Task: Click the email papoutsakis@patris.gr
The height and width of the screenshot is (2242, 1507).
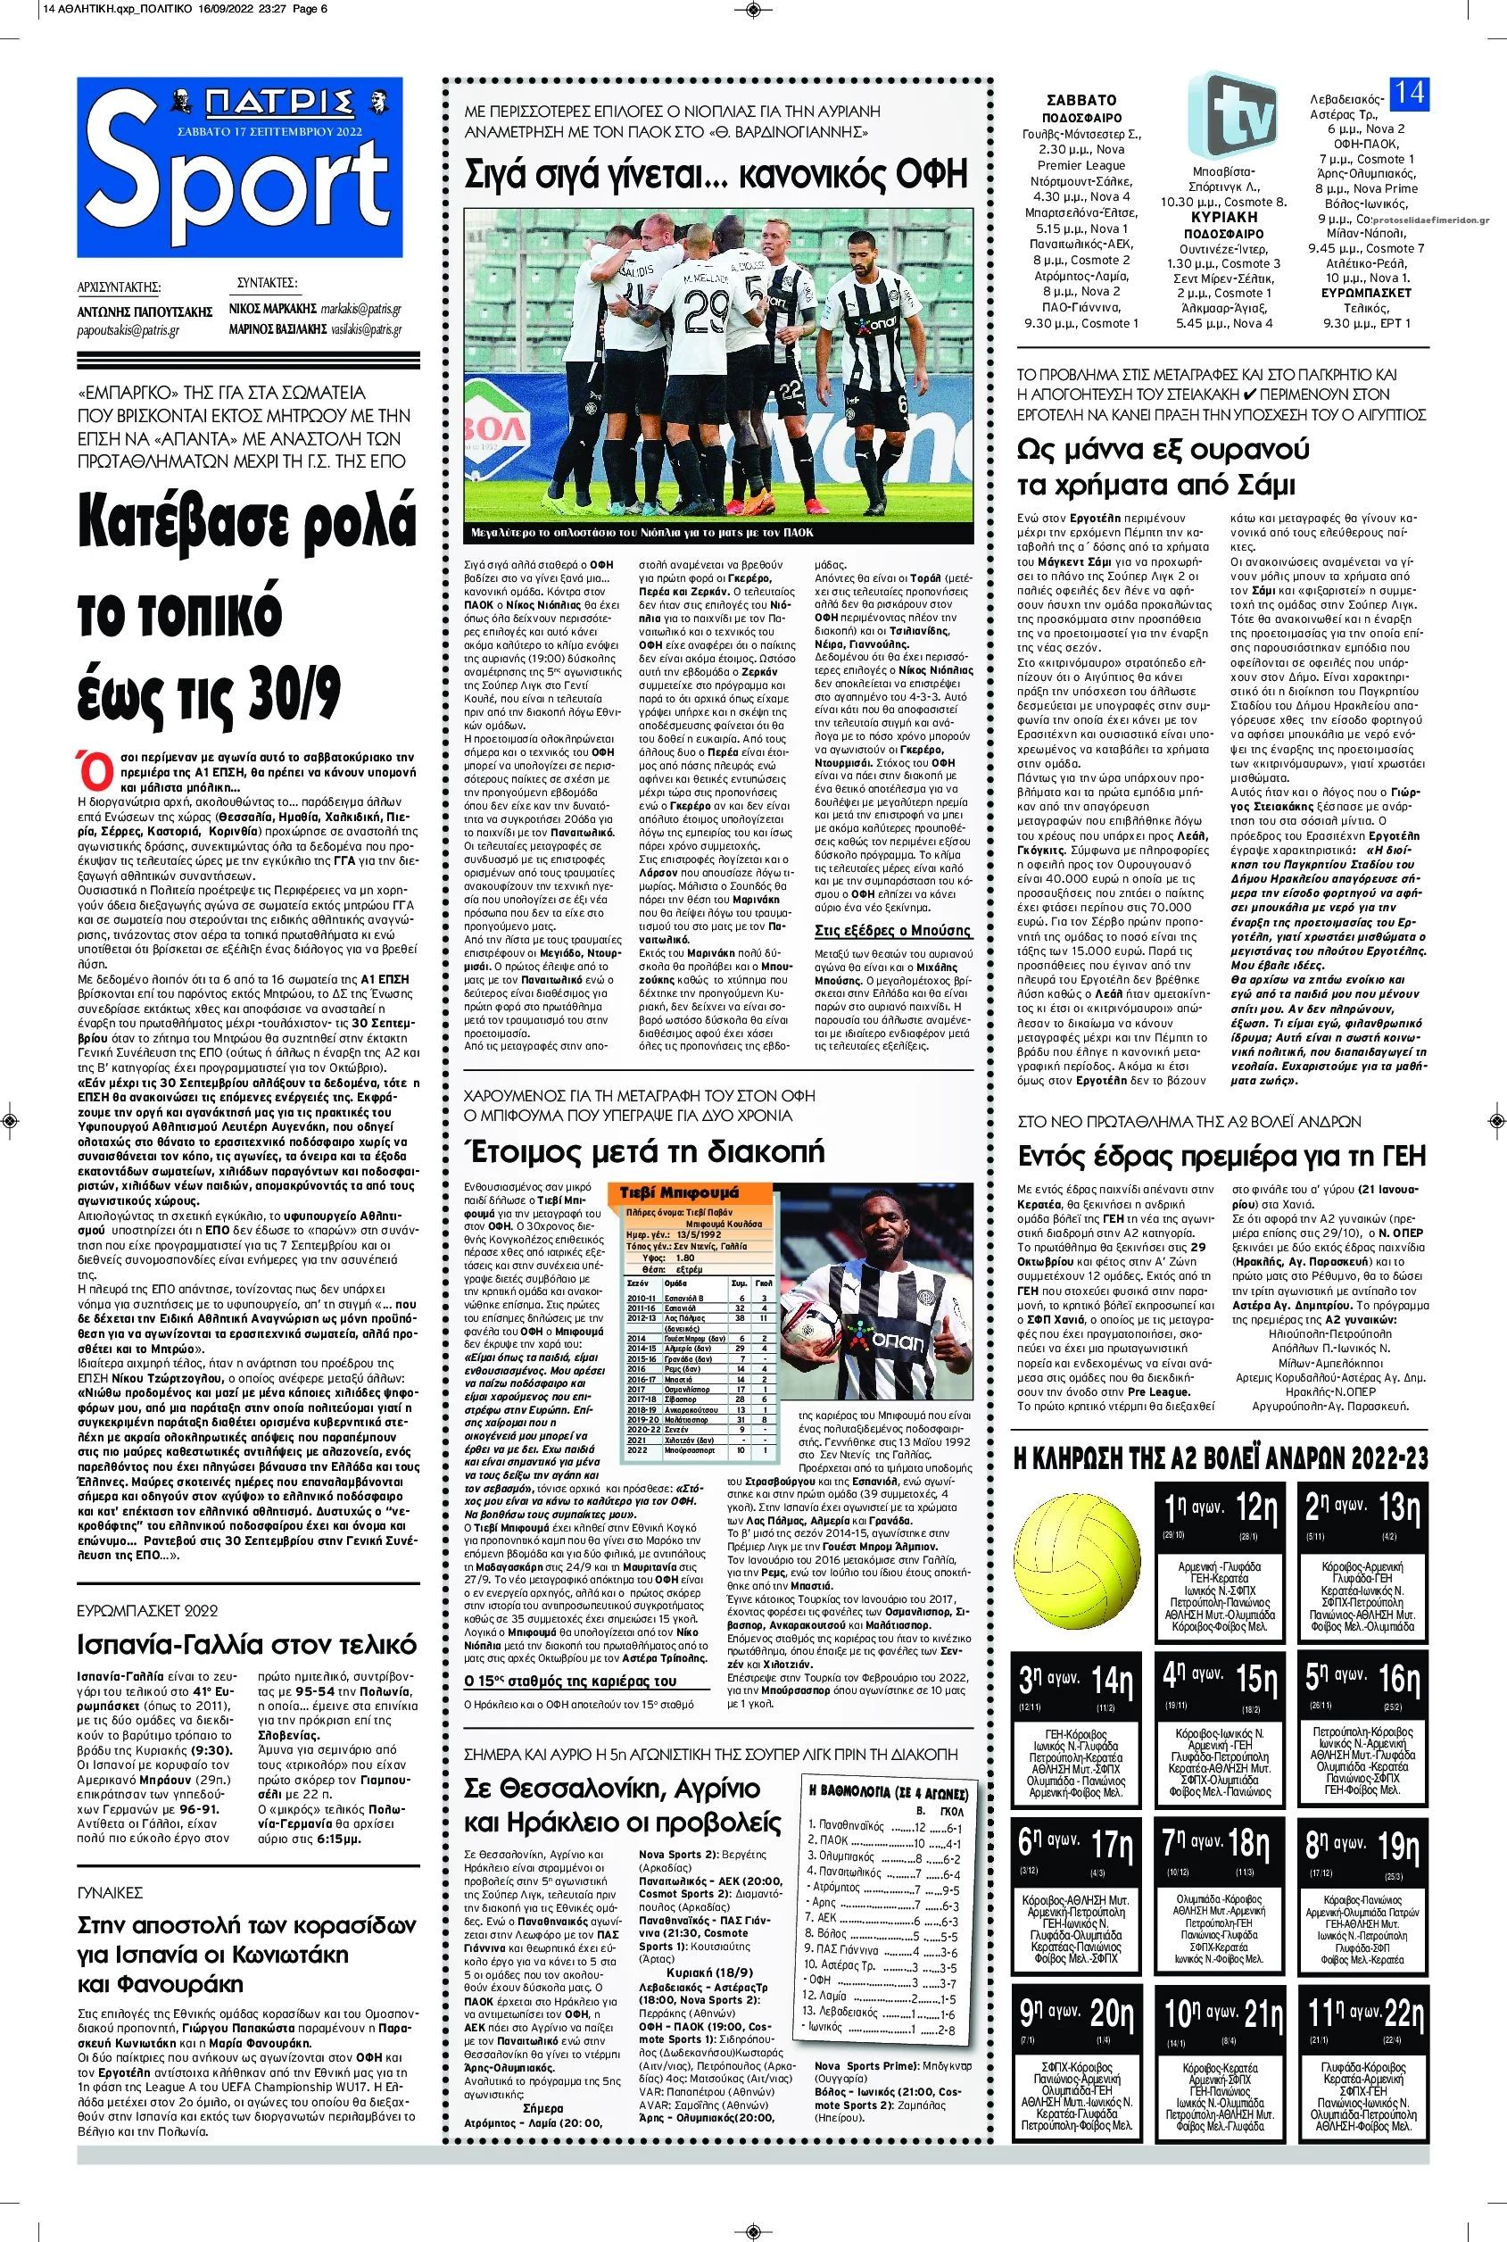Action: [x=128, y=329]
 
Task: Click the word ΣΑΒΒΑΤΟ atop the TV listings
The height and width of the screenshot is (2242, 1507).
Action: [x=1083, y=99]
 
